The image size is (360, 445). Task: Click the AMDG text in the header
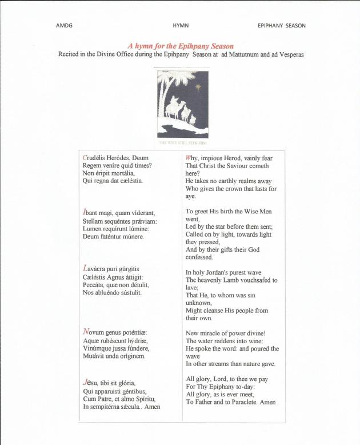tap(64, 26)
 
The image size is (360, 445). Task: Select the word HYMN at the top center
tap(181, 26)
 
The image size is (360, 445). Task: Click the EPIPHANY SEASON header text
tap(281, 26)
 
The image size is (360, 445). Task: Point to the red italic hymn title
tap(180, 46)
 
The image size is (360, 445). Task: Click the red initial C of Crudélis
tap(85, 157)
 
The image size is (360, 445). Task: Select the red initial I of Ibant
tap(85, 213)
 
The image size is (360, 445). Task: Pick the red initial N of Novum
tap(86, 332)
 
